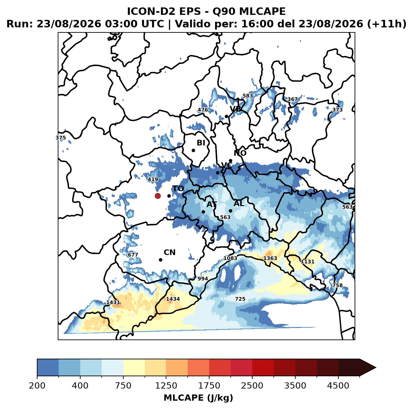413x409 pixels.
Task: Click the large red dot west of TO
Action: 158,196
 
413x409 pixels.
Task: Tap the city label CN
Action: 170,253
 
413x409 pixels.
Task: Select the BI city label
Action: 201,143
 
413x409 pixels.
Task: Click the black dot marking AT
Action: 203,212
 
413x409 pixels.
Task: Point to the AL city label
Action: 239,204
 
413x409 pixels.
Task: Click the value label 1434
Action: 173,299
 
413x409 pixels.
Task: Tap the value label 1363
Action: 270,258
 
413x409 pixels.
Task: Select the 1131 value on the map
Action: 307,262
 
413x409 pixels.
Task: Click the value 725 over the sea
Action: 240,299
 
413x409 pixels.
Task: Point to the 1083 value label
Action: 230,258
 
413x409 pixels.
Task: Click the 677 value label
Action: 133,255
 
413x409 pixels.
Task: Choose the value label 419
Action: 153,179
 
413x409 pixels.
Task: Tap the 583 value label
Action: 248,96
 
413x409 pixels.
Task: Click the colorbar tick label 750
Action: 123,386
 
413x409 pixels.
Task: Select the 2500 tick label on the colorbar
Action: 252,386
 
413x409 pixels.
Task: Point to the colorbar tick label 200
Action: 37,386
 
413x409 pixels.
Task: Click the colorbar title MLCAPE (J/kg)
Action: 198,398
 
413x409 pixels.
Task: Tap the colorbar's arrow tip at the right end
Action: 376,368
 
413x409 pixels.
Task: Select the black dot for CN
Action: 160,260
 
